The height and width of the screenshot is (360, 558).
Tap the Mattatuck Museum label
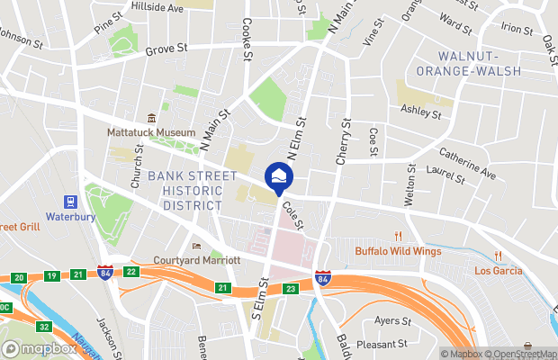point(151,132)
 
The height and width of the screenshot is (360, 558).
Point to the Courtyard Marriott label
point(200,260)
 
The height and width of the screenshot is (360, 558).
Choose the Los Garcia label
point(498,270)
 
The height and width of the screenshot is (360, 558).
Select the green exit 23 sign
point(290,289)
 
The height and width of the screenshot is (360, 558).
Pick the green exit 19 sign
point(51,275)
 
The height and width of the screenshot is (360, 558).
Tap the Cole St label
point(292,213)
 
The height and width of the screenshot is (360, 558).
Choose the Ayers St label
point(392,319)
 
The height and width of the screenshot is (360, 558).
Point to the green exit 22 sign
point(131,272)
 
